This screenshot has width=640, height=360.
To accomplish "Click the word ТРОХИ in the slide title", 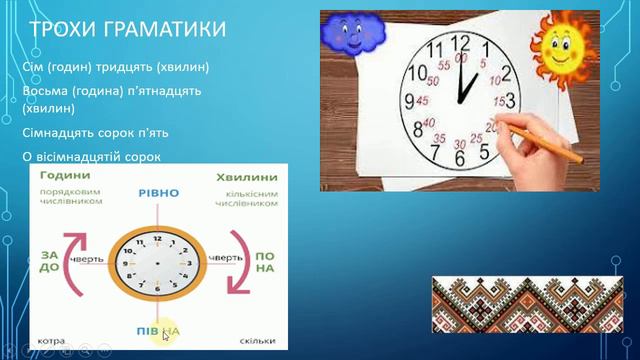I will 62,30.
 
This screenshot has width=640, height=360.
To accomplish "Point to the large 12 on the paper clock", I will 460,44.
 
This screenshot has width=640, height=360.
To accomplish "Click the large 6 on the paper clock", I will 459,157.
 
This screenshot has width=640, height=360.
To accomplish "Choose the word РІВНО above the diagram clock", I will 160,192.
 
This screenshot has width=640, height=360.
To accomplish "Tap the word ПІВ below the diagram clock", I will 147,330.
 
